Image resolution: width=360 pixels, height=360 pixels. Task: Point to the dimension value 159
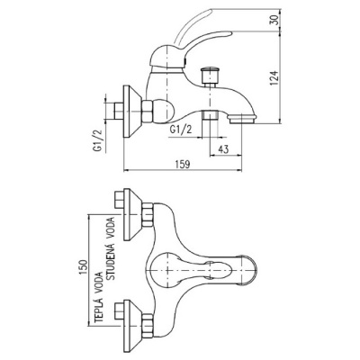pyautogui.click(x=183, y=164)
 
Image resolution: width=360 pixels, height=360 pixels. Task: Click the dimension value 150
pyautogui.click(x=84, y=266)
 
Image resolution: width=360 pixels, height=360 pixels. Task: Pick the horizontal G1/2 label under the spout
pyautogui.click(x=181, y=130)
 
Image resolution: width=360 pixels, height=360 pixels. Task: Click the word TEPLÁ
pyautogui.click(x=99, y=311)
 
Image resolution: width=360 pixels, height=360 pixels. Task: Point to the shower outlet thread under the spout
pyautogui.click(x=210, y=115)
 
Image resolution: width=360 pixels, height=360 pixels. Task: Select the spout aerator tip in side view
pyautogui.click(x=241, y=118)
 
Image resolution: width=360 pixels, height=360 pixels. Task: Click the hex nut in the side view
pyautogui.click(x=148, y=112)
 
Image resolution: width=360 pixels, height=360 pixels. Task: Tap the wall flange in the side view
pyautogui.click(x=132, y=112)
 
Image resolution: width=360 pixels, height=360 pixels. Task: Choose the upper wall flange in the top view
pyautogui.click(x=132, y=215)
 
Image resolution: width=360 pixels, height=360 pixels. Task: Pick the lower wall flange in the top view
pyautogui.click(x=132, y=326)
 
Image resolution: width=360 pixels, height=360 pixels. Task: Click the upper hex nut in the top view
pyautogui.click(x=148, y=215)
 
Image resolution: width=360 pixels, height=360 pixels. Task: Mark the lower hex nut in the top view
pyautogui.click(x=148, y=326)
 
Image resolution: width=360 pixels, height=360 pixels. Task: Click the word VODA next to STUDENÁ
pyautogui.click(x=112, y=229)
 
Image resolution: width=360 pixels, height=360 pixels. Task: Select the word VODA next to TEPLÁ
pyautogui.click(x=99, y=283)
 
